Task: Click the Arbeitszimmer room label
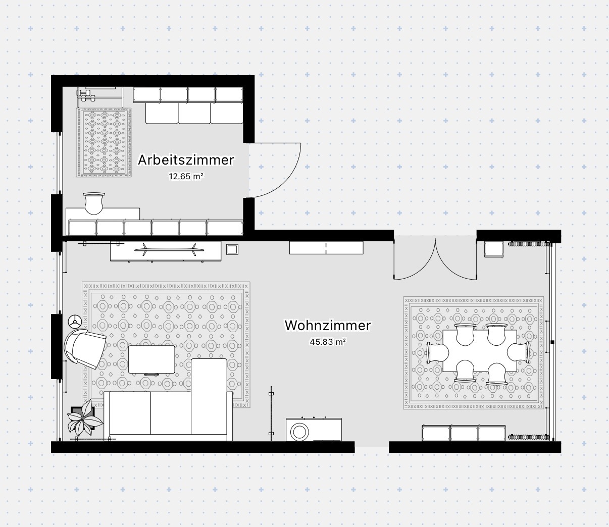[186, 160]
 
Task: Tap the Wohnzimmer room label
[328, 325]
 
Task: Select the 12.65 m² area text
[186, 176]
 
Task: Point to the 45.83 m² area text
[328, 342]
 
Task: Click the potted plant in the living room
[85, 417]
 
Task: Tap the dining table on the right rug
[480, 351]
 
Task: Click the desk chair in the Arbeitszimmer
[94, 203]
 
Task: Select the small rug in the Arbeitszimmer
[104, 142]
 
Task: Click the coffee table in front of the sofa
[151, 360]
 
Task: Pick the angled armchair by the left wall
[85, 348]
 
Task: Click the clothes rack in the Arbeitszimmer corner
[100, 97]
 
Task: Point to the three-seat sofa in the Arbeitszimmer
[194, 113]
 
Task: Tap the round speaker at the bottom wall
[299, 432]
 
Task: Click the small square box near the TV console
[232, 249]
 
